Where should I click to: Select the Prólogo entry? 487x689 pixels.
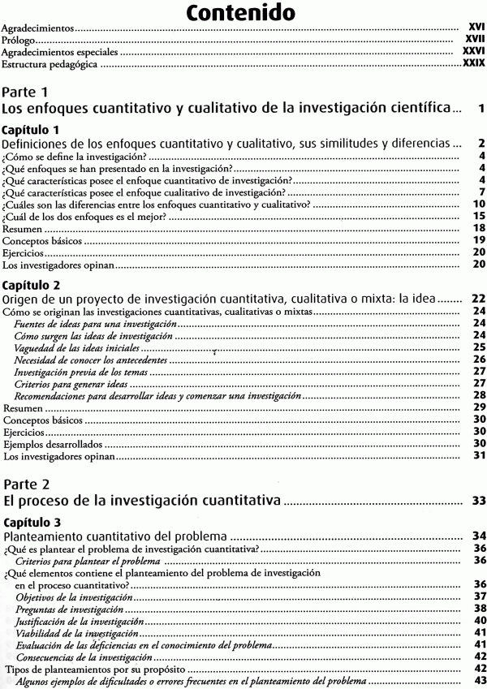[20, 38]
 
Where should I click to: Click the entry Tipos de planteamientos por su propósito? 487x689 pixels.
[94, 669]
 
